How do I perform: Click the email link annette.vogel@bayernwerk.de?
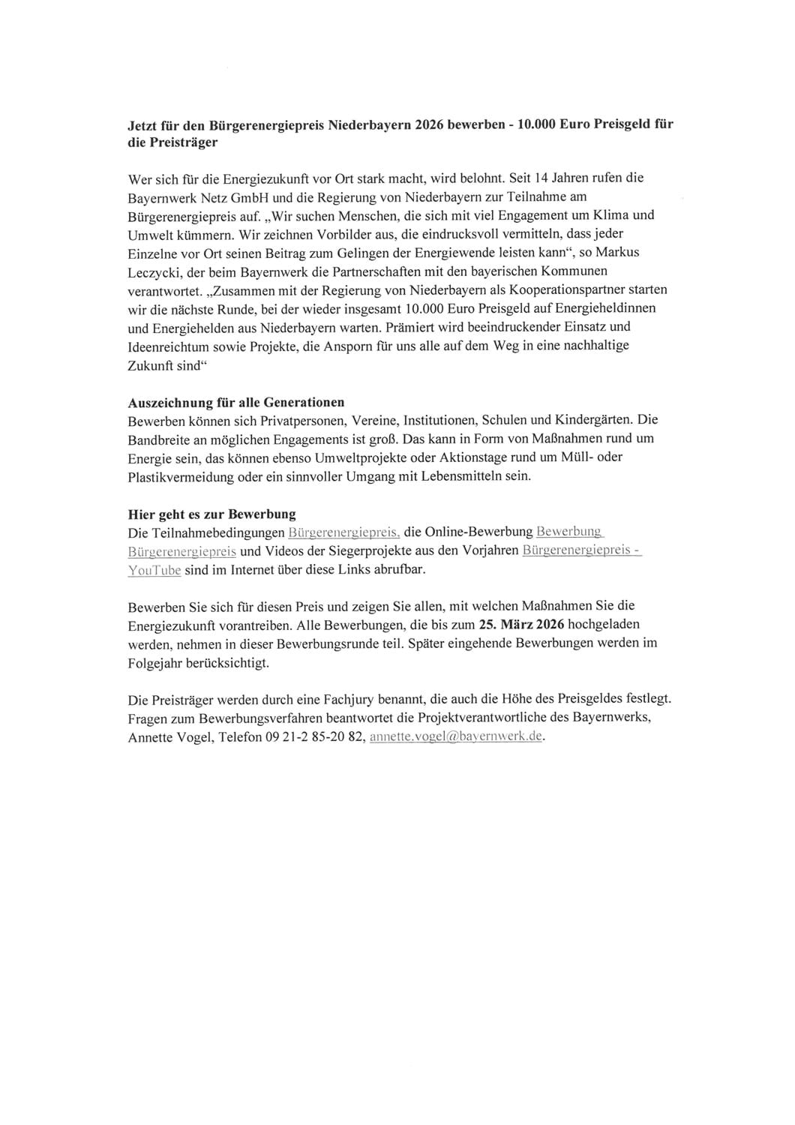[x=456, y=736]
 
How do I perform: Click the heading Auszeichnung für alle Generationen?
[x=236, y=402]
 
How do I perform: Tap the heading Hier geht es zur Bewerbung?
[x=212, y=514]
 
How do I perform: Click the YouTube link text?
[x=154, y=570]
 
